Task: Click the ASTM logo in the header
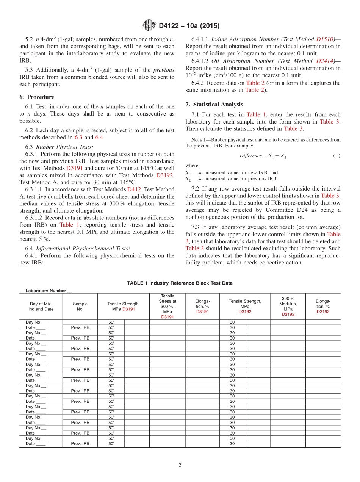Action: point(149,25)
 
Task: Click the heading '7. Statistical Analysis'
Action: point(214,104)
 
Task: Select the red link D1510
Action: point(324,39)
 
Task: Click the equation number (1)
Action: point(337,156)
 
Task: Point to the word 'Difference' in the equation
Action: point(250,156)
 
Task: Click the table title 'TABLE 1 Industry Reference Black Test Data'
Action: point(180,283)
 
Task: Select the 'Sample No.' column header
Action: point(80,306)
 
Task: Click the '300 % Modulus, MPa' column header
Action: point(288,306)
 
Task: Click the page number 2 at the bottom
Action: point(180,466)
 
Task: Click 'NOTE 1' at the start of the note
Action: point(194,140)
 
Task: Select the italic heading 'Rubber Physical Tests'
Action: point(64,147)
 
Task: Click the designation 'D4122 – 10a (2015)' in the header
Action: point(189,26)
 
